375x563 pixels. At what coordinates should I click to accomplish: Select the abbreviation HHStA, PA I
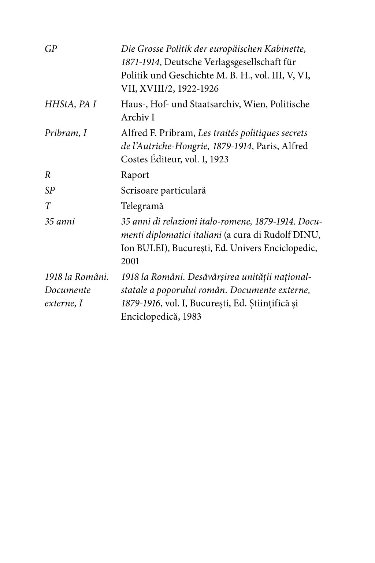tap(70, 104)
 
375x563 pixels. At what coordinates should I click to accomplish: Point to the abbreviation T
tap(48, 206)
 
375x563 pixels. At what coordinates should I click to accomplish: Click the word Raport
tap(135, 175)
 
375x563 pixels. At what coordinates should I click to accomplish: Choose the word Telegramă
tap(142, 206)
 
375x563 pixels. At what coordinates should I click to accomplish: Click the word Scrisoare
tap(140, 191)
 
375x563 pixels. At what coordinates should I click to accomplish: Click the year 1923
tap(219, 159)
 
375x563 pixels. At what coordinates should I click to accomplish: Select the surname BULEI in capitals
tap(146, 248)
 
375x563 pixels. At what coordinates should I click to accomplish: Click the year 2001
tap(130, 261)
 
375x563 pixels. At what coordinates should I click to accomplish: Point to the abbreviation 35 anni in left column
tap(59, 221)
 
